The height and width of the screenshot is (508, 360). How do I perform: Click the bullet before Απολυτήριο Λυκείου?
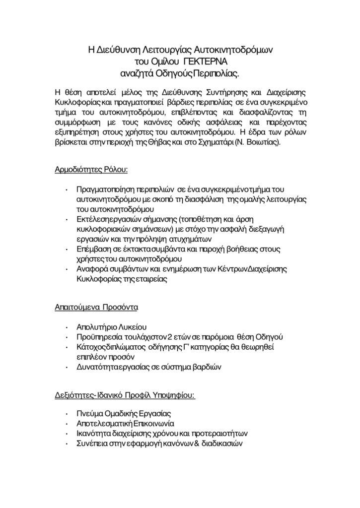pos(67,328)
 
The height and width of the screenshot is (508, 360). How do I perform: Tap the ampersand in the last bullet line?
pos(189,444)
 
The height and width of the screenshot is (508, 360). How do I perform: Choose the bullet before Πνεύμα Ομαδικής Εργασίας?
pos(67,414)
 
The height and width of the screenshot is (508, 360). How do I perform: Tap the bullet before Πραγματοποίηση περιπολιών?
pos(67,189)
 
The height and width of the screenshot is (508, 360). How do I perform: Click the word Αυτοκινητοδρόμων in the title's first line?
pos(232,50)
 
